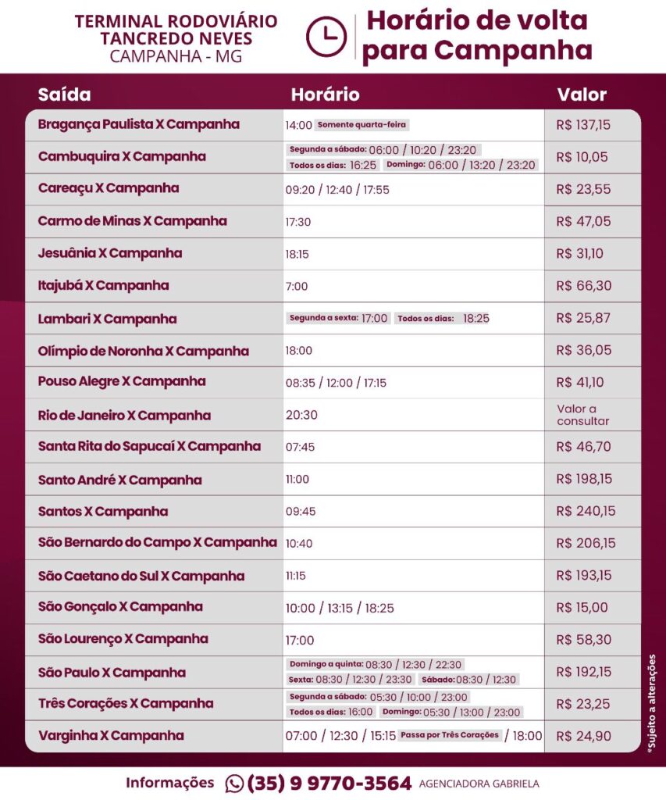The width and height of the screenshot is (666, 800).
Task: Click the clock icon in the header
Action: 326,36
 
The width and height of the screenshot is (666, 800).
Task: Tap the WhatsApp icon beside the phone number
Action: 234,783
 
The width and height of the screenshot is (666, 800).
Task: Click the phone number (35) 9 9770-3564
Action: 329,783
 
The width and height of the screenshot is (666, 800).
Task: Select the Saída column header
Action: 64,95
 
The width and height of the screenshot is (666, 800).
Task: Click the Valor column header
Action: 582,95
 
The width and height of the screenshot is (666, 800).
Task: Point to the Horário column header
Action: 325,95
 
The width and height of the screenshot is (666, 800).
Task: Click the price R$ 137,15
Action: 583,124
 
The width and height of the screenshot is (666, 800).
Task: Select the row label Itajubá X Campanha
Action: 103,286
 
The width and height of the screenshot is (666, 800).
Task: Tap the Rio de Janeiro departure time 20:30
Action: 301,415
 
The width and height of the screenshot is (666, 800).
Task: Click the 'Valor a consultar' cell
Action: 582,415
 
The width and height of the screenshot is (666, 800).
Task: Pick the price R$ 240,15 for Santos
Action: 586,512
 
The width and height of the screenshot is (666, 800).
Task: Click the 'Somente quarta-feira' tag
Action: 362,125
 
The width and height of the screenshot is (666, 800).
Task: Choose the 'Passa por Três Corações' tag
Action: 449,735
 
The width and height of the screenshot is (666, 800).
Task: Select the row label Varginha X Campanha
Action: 111,735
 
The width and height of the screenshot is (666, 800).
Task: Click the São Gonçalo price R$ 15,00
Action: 582,608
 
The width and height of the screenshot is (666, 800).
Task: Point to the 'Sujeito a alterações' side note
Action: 652,703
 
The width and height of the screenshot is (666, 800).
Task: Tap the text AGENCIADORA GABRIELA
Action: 479,784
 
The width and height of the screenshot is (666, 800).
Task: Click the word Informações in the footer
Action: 169,783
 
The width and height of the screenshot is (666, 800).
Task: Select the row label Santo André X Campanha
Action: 119,480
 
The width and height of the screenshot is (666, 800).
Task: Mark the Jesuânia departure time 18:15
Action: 298,254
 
